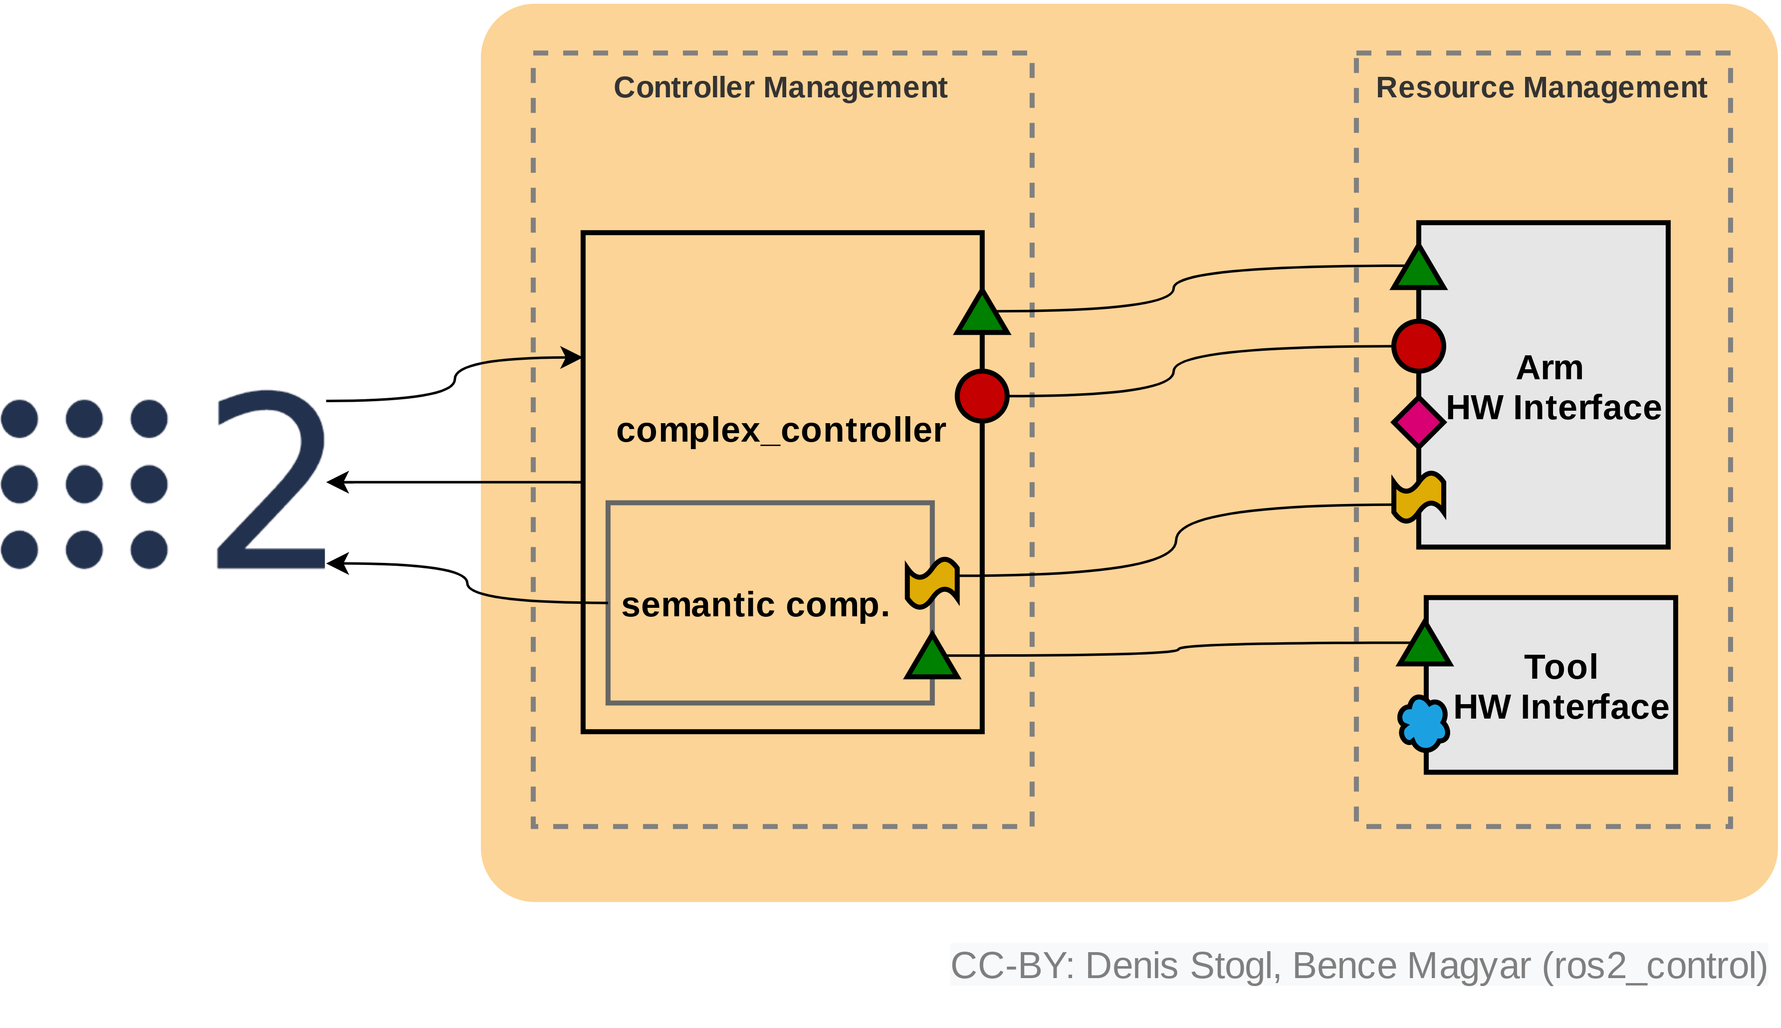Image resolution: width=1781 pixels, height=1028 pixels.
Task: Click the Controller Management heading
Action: click(x=780, y=87)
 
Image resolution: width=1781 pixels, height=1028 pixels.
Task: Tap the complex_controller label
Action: click(x=780, y=430)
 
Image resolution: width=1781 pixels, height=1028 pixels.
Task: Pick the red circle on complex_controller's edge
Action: click(x=981, y=396)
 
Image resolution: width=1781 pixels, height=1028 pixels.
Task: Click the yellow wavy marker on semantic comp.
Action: click(x=932, y=582)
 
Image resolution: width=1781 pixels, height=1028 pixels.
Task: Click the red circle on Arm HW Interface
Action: click(x=1418, y=346)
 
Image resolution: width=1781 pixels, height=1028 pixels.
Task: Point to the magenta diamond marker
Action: click(x=1418, y=422)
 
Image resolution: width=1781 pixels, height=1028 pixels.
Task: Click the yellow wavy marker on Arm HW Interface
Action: click(x=1418, y=498)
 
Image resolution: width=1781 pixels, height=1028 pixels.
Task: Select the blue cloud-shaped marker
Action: click(x=1423, y=723)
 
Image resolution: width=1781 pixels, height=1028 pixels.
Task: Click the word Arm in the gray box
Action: click(x=1550, y=368)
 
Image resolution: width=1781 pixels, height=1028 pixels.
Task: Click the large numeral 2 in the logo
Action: click(x=272, y=480)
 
